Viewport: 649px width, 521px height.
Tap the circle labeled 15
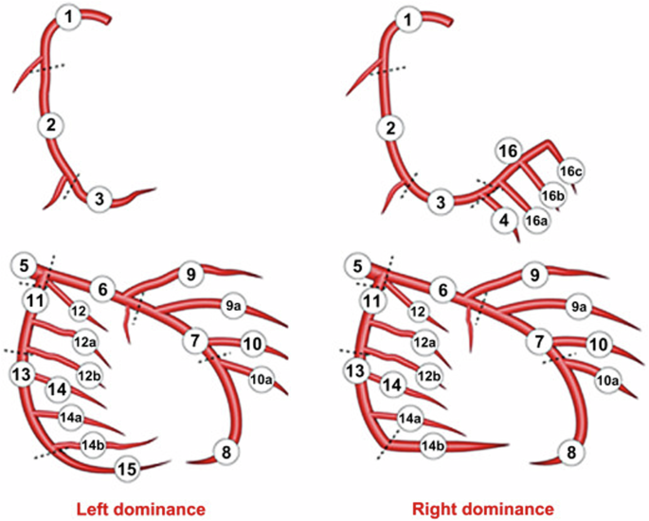[127, 468]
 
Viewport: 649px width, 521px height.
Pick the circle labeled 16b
[553, 195]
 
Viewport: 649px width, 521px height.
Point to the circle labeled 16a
[537, 221]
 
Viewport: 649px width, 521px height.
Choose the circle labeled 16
[509, 152]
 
